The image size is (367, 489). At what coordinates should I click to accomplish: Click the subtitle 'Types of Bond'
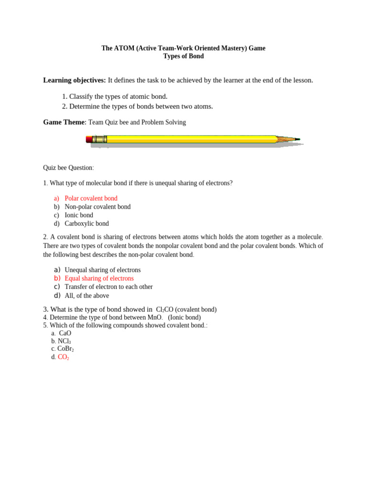[x=183, y=56]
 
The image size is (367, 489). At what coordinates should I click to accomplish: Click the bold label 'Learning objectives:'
[x=75, y=80]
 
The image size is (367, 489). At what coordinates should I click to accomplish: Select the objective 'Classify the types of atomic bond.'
[x=118, y=96]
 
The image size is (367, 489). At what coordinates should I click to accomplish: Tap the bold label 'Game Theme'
[x=64, y=122]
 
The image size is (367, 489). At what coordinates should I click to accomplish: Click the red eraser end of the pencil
[x=89, y=139]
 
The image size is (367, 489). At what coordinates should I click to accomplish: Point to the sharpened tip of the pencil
[x=297, y=139]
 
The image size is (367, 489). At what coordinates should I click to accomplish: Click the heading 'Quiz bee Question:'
[x=68, y=168]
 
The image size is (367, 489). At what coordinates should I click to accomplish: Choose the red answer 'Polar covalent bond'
[x=91, y=198]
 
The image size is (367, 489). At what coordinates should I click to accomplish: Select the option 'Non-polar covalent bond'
[x=97, y=207]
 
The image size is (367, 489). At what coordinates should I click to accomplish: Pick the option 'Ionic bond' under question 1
[x=79, y=215]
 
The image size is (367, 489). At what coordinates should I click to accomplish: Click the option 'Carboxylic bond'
[x=86, y=223]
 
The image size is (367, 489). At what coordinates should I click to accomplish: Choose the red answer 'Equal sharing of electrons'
[x=99, y=278]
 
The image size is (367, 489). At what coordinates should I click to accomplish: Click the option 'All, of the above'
[x=86, y=296]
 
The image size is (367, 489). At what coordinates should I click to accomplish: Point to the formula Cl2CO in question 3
[x=164, y=309]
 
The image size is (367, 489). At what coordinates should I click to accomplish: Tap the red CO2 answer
[x=63, y=357]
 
